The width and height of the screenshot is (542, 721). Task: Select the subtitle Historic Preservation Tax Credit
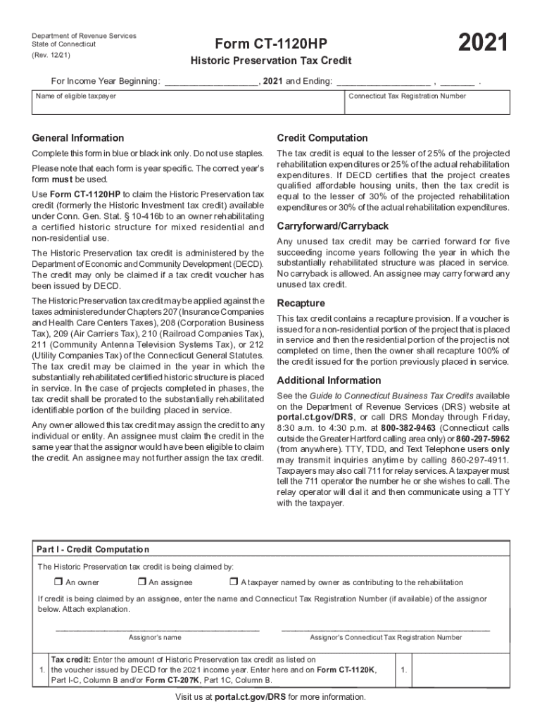point(272,61)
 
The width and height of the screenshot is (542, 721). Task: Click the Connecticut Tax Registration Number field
point(427,105)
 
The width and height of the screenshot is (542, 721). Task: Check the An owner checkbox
point(58,582)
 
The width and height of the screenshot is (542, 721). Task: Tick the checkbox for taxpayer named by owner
point(234,582)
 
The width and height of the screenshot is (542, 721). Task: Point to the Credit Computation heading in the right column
point(322,137)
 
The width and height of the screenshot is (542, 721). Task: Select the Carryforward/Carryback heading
point(332,226)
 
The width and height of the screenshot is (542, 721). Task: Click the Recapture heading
point(301,303)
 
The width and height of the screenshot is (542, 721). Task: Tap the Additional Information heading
point(329,380)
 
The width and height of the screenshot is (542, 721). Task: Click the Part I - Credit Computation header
point(93,549)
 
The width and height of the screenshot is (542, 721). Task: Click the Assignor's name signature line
point(157,628)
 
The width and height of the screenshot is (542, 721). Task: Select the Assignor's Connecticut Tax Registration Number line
point(385,628)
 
